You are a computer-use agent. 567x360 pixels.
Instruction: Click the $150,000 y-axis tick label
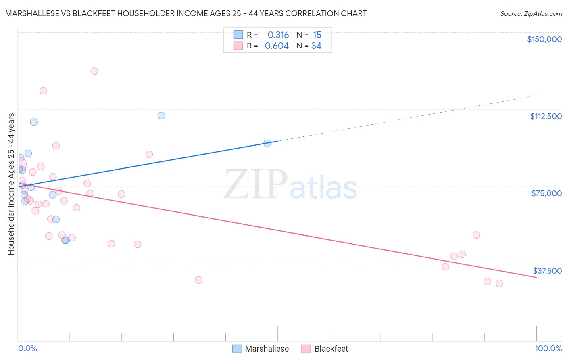pos(544,39)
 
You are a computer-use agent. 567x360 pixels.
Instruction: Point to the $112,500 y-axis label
pos(546,116)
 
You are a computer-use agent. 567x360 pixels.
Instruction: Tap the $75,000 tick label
pos(546,193)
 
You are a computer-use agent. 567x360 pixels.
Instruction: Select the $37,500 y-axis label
pos(547,271)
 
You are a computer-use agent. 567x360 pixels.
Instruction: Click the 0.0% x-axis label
pos(27,348)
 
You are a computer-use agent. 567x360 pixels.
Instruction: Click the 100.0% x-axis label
pos(548,348)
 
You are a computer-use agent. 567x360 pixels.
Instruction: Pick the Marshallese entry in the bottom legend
pos(267,349)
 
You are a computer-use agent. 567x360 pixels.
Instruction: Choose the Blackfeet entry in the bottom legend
pos(331,349)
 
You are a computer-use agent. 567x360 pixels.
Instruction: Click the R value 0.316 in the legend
pos(278,35)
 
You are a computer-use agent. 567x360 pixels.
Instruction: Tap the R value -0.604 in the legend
pos(275,46)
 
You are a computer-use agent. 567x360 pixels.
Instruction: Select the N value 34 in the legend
pos(316,46)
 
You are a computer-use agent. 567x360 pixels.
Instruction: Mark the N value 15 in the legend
pos(317,35)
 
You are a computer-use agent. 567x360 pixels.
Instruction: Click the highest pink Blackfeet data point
pos(94,71)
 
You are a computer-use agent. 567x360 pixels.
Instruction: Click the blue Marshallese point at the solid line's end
pos(267,143)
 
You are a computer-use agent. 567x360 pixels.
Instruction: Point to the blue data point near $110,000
pos(161,115)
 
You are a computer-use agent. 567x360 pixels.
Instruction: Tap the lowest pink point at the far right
pos(499,283)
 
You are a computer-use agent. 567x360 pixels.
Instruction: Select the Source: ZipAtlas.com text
pos(531,14)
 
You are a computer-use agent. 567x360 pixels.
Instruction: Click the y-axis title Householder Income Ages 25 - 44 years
pos(11,184)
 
